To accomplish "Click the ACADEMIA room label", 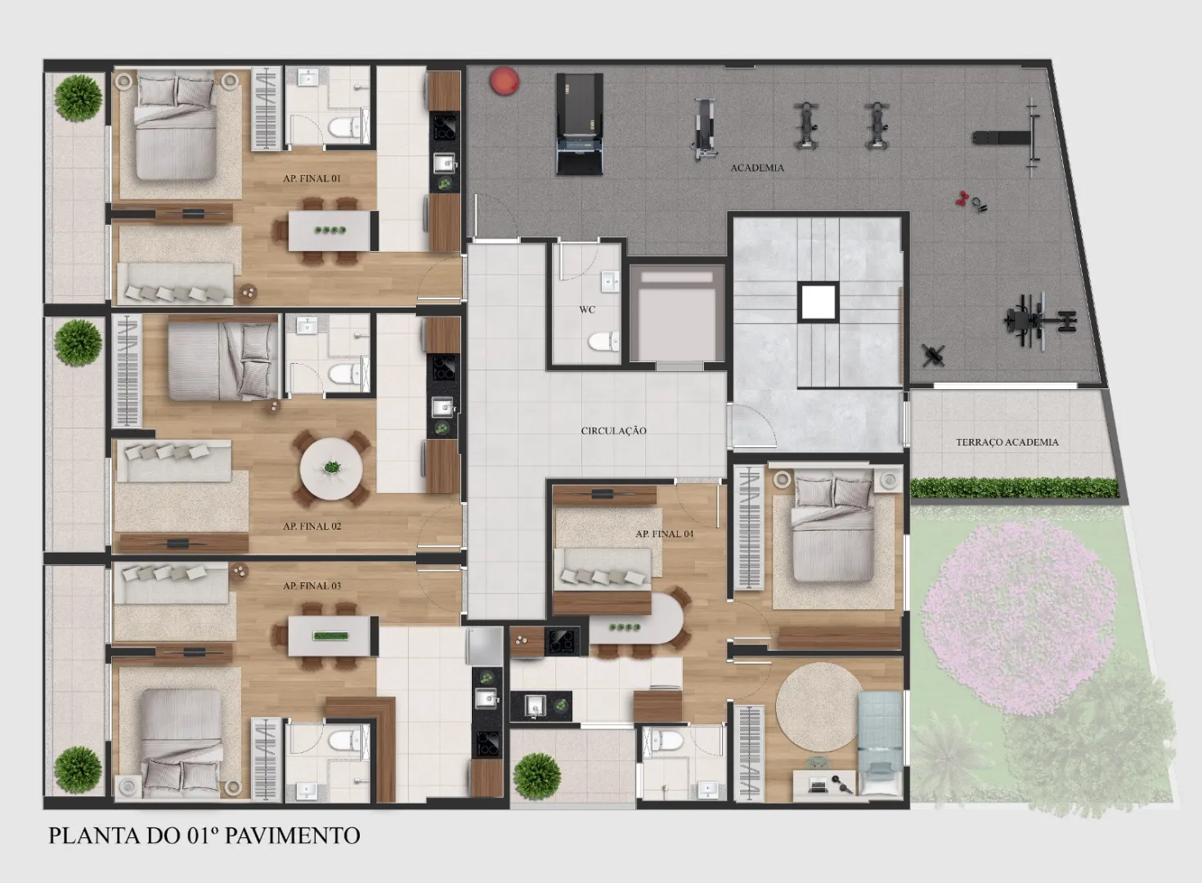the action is (x=756, y=168).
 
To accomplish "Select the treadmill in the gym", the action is (x=580, y=124).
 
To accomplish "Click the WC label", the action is (x=587, y=310).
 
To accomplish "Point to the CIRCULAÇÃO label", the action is (x=613, y=430).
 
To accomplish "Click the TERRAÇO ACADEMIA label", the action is (x=1007, y=442).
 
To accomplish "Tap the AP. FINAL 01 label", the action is (x=312, y=178).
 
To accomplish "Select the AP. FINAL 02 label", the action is (x=312, y=527).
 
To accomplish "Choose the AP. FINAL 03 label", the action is (x=312, y=585).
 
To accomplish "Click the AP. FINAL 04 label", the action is (x=664, y=534).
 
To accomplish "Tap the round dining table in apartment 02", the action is (x=331, y=468).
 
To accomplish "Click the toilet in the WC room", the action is (x=603, y=342).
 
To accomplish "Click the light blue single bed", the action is (x=880, y=743).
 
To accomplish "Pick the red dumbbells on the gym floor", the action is (x=962, y=199).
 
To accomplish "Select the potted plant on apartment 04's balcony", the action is (x=536, y=776).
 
